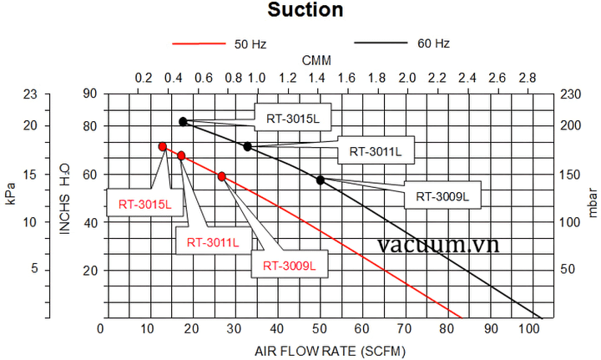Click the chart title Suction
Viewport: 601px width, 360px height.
click(305, 11)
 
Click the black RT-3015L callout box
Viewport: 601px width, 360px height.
click(292, 119)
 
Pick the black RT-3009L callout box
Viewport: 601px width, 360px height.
click(442, 196)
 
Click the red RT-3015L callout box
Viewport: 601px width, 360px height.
click(144, 203)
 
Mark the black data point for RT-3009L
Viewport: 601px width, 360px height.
click(321, 180)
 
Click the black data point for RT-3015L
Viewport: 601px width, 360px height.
click(183, 121)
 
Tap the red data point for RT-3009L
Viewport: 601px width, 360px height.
click(222, 176)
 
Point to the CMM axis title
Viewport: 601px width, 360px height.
click(316, 61)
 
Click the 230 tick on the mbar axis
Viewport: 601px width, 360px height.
click(570, 94)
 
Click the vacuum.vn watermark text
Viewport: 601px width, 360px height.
click(437, 245)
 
